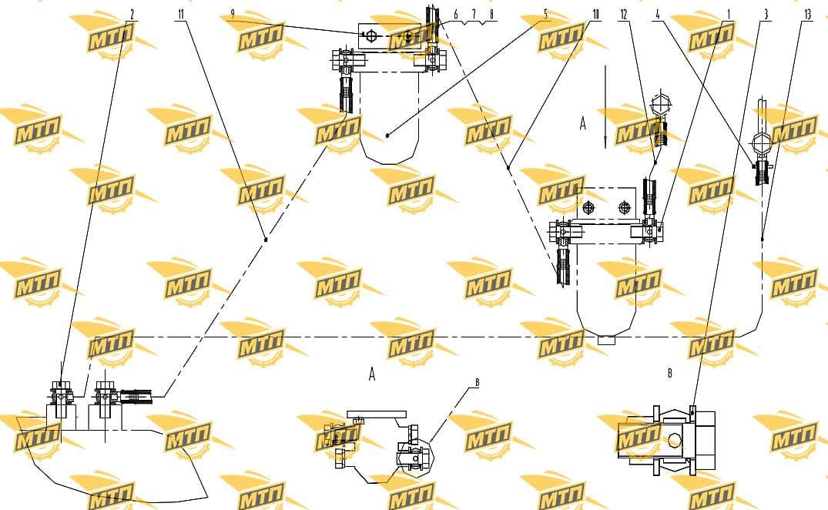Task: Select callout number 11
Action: point(181,15)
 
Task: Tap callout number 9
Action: point(233,15)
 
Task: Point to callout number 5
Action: point(545,15)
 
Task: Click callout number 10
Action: point(595,15)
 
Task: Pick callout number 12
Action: point(624,15)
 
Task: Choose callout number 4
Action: point(658,15)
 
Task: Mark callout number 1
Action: point(729,15)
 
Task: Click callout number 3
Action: point(766,15)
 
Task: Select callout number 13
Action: point(807,15)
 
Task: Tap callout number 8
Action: point(491,15)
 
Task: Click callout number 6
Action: point(456,15)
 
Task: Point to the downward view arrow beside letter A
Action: point(605,106)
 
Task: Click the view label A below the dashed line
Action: point(372,375)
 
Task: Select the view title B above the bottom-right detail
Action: point(669,374)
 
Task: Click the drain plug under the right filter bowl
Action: point(606,341)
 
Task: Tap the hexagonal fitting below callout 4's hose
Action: point(760,142)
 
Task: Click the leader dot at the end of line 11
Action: point(266,240)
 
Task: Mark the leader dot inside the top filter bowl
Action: point(387,136)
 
